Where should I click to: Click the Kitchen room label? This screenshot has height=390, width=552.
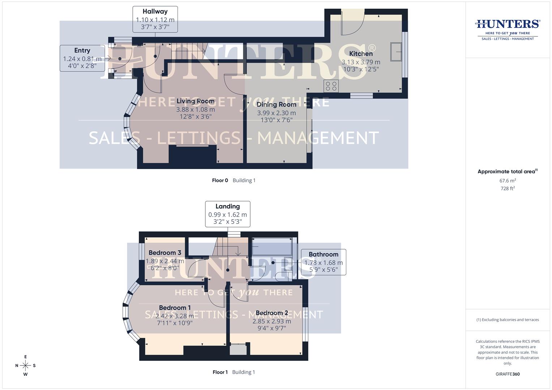pos(361,54)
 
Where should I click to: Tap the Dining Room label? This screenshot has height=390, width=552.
pos(276,105)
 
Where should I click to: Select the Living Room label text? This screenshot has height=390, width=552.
pos(195,101)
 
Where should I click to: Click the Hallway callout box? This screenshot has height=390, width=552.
pos(155,19)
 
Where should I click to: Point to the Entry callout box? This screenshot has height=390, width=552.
pos(82,58)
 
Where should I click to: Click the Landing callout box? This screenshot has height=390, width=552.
pos(227,214)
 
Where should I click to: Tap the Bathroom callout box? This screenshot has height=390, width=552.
pos(324,262)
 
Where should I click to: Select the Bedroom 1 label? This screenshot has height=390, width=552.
pos(175,308)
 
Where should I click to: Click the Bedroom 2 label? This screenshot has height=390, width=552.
pos(271,313)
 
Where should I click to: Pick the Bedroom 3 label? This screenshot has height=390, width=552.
pos(165,253)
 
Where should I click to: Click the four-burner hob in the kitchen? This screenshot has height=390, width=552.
pos(331,86)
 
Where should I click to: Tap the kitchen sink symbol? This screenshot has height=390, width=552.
pos(396,52)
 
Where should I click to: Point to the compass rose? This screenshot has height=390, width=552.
pos(25,365)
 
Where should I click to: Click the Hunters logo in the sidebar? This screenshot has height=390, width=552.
pos(508,29)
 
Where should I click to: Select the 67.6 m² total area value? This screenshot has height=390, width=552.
pos(508,181)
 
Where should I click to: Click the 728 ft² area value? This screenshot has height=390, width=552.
pos(508,188)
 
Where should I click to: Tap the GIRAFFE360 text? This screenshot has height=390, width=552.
pos(508,374)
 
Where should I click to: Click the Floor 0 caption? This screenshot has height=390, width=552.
pos(220,181)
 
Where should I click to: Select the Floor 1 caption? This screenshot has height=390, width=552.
pos(220,372)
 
